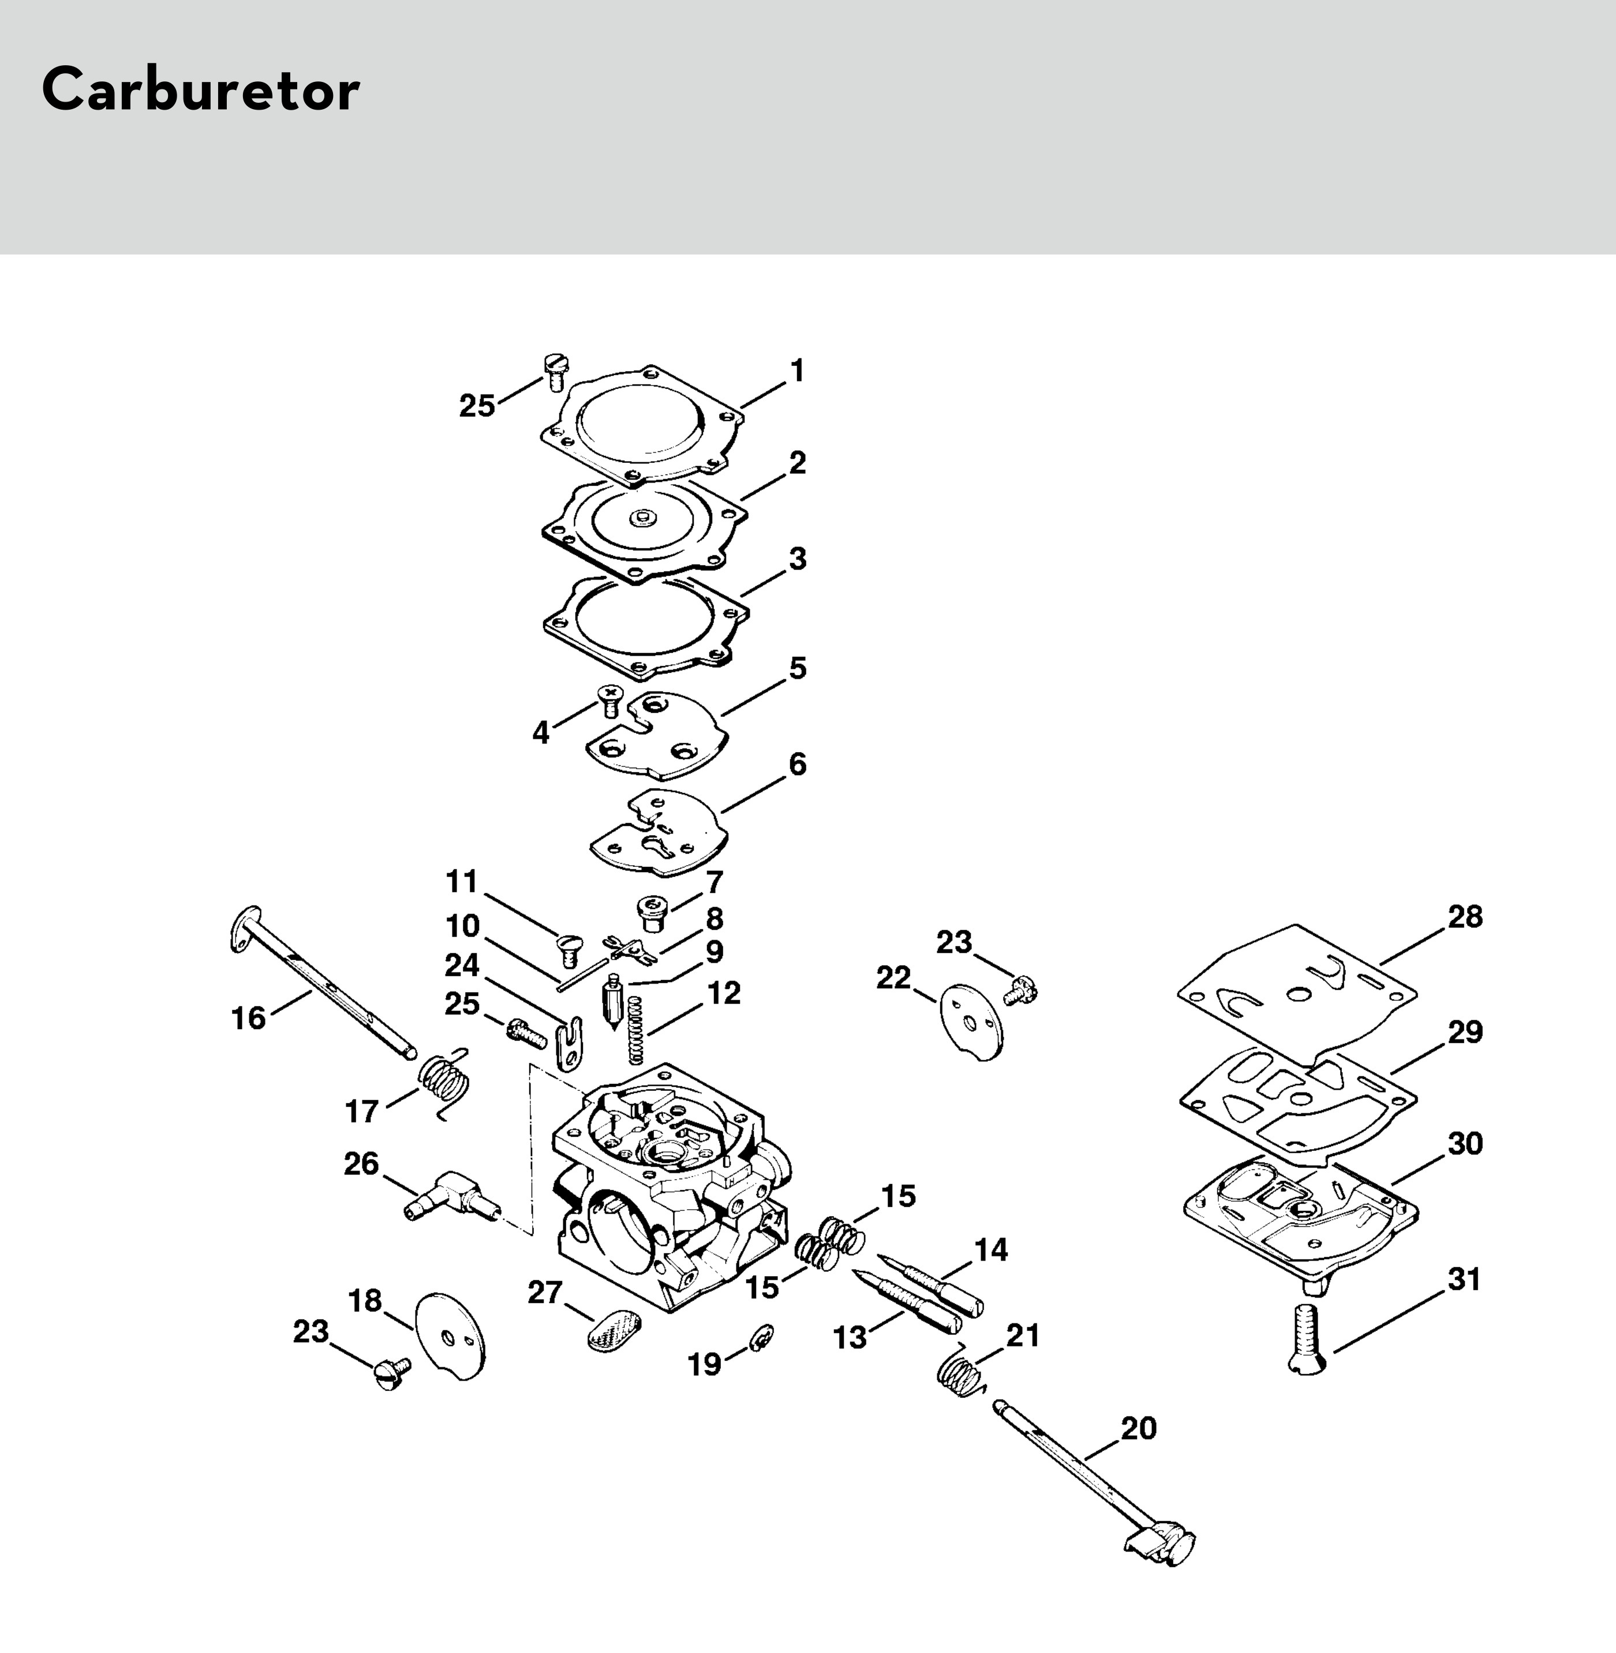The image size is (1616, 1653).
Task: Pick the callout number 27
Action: point(544,1292)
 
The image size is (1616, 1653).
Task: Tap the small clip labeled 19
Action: point(761,1338)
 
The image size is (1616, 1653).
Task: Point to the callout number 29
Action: point(1464,1032)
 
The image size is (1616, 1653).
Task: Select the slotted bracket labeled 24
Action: point(570,1041)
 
